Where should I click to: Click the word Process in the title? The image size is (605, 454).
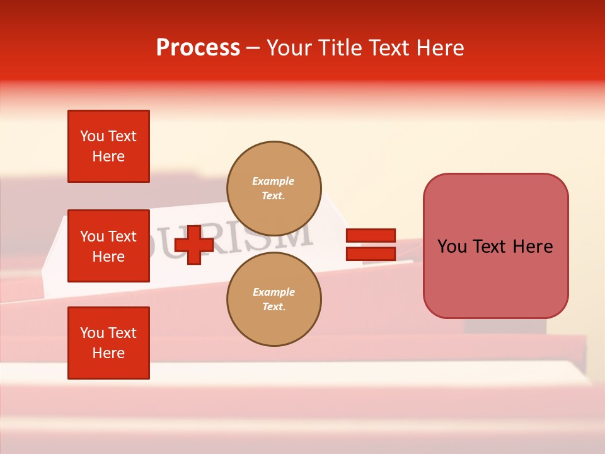point(198,48)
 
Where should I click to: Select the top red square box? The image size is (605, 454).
point(108,146)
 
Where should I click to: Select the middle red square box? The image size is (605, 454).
point(108,246)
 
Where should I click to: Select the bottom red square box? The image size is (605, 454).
point(108,343)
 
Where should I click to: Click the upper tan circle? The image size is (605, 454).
point(274,188)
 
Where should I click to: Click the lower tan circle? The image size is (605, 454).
point(274,299)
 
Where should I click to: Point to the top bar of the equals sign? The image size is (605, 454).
point(371,236)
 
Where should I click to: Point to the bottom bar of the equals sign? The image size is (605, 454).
point(371,253)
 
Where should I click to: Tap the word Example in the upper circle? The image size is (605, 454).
point(274,181)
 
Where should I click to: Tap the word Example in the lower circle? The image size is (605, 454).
point(274,292)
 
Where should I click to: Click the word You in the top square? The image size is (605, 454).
point(91,136)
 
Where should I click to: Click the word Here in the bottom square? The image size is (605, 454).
point(108,353)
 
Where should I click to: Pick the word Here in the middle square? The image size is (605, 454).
point(108,257)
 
